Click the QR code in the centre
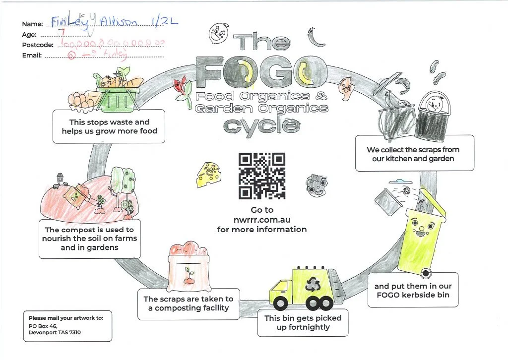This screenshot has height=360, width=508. click(262, 176)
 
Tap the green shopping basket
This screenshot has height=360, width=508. click(117, 99)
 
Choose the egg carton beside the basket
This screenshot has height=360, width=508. click(82, 100)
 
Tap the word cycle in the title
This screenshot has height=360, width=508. click(262, 125)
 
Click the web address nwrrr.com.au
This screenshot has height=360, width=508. click(262, 220)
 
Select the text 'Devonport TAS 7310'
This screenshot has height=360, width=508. click(55, 332)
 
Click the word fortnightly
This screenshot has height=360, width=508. click(303, 328)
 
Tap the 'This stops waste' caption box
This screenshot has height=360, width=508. click(109, 126)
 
